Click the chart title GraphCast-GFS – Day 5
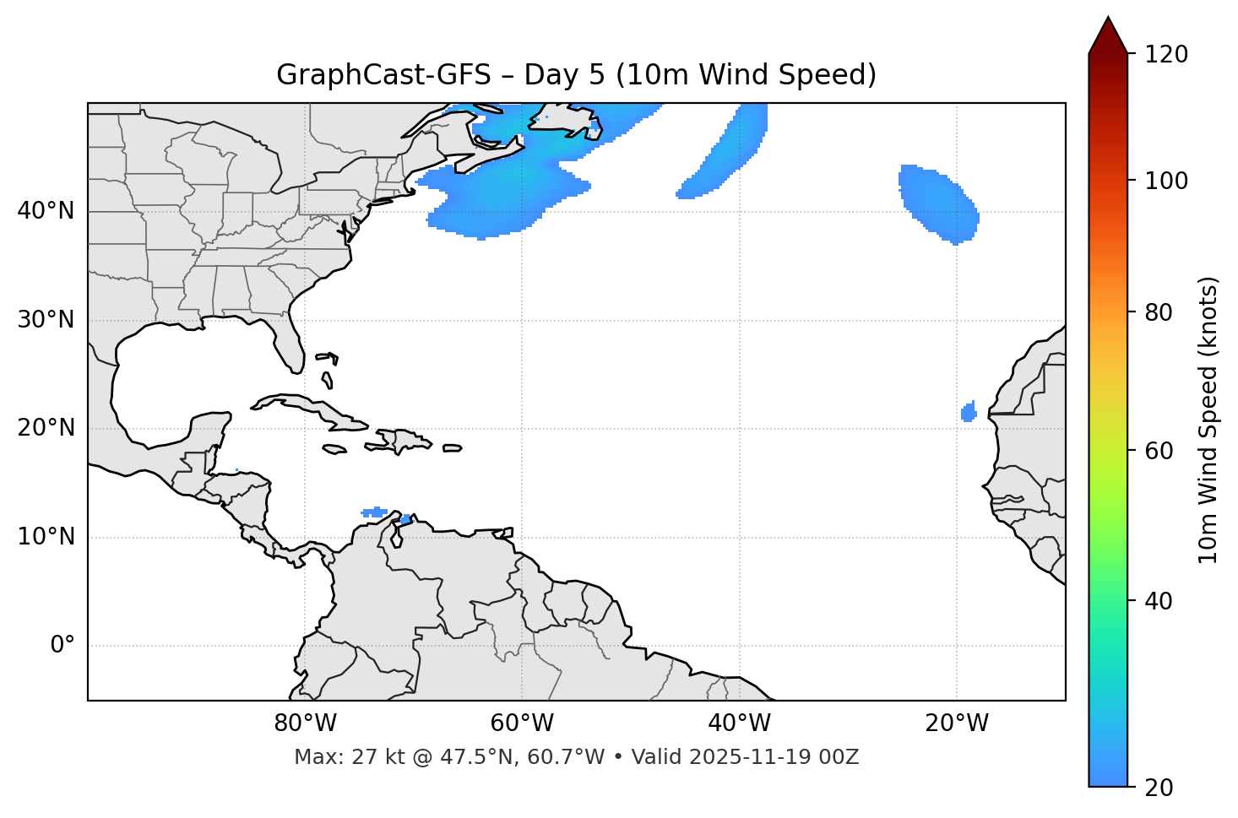(576, 75)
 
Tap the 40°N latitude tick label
(46, 210)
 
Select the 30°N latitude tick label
(46, 320)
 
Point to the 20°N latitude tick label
(46, 428)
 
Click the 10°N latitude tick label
(46, 537)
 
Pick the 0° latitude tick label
(62, 646)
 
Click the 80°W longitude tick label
(305, 723)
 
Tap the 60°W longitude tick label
(522, 723)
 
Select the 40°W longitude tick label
(739, 723)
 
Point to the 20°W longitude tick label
(957, 723)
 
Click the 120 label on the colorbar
(1166, 55)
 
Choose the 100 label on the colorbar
(1166, 181)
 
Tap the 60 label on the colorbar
(1160, 451)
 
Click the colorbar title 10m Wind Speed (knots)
(1208, 420)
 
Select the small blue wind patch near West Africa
(969, 413)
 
